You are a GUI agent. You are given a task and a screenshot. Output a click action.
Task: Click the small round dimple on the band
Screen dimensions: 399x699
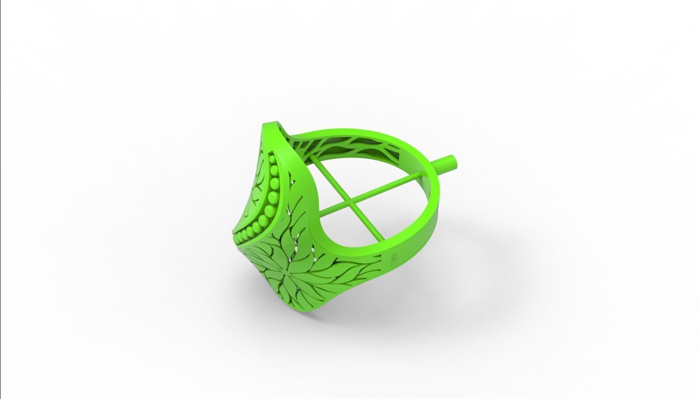click(x=395, y=255)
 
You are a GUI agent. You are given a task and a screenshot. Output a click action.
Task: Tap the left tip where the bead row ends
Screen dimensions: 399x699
click(x=237, y=239)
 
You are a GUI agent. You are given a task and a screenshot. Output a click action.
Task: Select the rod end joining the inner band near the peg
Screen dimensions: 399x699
click(x=422, y=173)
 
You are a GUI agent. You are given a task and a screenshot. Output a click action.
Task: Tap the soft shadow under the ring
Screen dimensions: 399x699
click(x=393, y=306)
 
